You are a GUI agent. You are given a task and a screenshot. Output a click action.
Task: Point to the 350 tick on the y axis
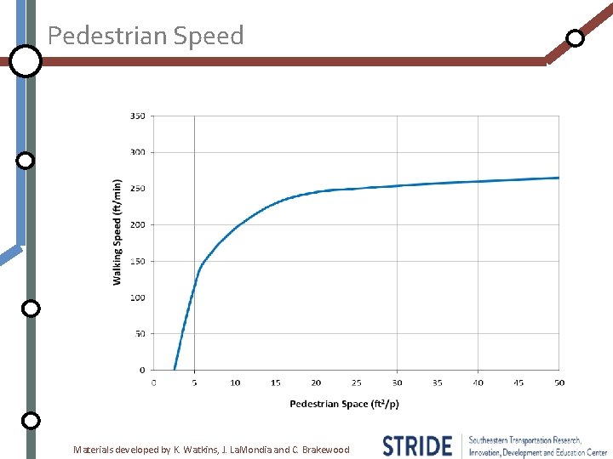[137, 116]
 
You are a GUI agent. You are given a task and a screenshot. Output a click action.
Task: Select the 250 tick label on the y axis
[137, 189]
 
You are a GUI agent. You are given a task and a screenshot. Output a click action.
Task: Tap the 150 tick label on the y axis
[137, 261]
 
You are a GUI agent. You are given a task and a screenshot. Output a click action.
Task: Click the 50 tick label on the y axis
[140, 334]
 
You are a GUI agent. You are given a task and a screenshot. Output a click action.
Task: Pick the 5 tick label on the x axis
[194, 382]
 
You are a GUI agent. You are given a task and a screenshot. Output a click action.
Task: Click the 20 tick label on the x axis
[316, 382]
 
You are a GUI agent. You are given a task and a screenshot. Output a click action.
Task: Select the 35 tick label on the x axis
[438, 382]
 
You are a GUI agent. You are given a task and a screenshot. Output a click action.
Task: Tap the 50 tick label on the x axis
[559, 382]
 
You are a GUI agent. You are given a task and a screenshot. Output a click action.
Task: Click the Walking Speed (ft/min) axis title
[117, 231]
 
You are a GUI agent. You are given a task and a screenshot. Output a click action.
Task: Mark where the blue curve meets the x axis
[175, 370]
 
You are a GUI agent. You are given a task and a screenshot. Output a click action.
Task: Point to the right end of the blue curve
[559, 178]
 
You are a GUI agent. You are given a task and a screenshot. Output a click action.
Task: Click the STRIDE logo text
[417, 446]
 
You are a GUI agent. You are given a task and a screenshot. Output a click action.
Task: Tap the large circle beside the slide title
[26, 61]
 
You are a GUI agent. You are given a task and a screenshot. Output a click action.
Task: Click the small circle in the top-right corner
[576, 38]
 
